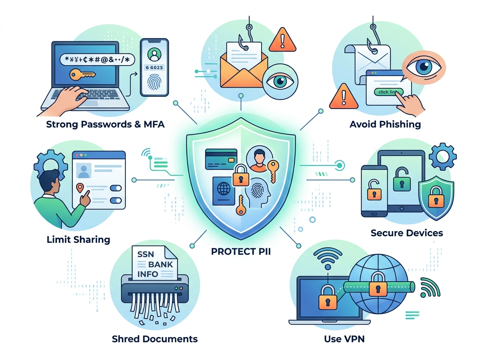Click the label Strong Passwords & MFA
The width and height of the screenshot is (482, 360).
point(105,124)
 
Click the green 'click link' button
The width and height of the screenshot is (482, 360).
point(387,92)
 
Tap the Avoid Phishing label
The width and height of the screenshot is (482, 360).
point(385,124)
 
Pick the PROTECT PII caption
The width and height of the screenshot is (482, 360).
point(241,252)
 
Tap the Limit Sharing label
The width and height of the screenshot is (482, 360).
point(78,240)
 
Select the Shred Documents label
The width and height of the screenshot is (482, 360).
point(155,339)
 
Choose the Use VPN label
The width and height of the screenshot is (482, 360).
point(345,339)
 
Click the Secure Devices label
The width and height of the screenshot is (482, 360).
point(406,233)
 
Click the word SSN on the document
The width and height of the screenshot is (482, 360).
point(146,254)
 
